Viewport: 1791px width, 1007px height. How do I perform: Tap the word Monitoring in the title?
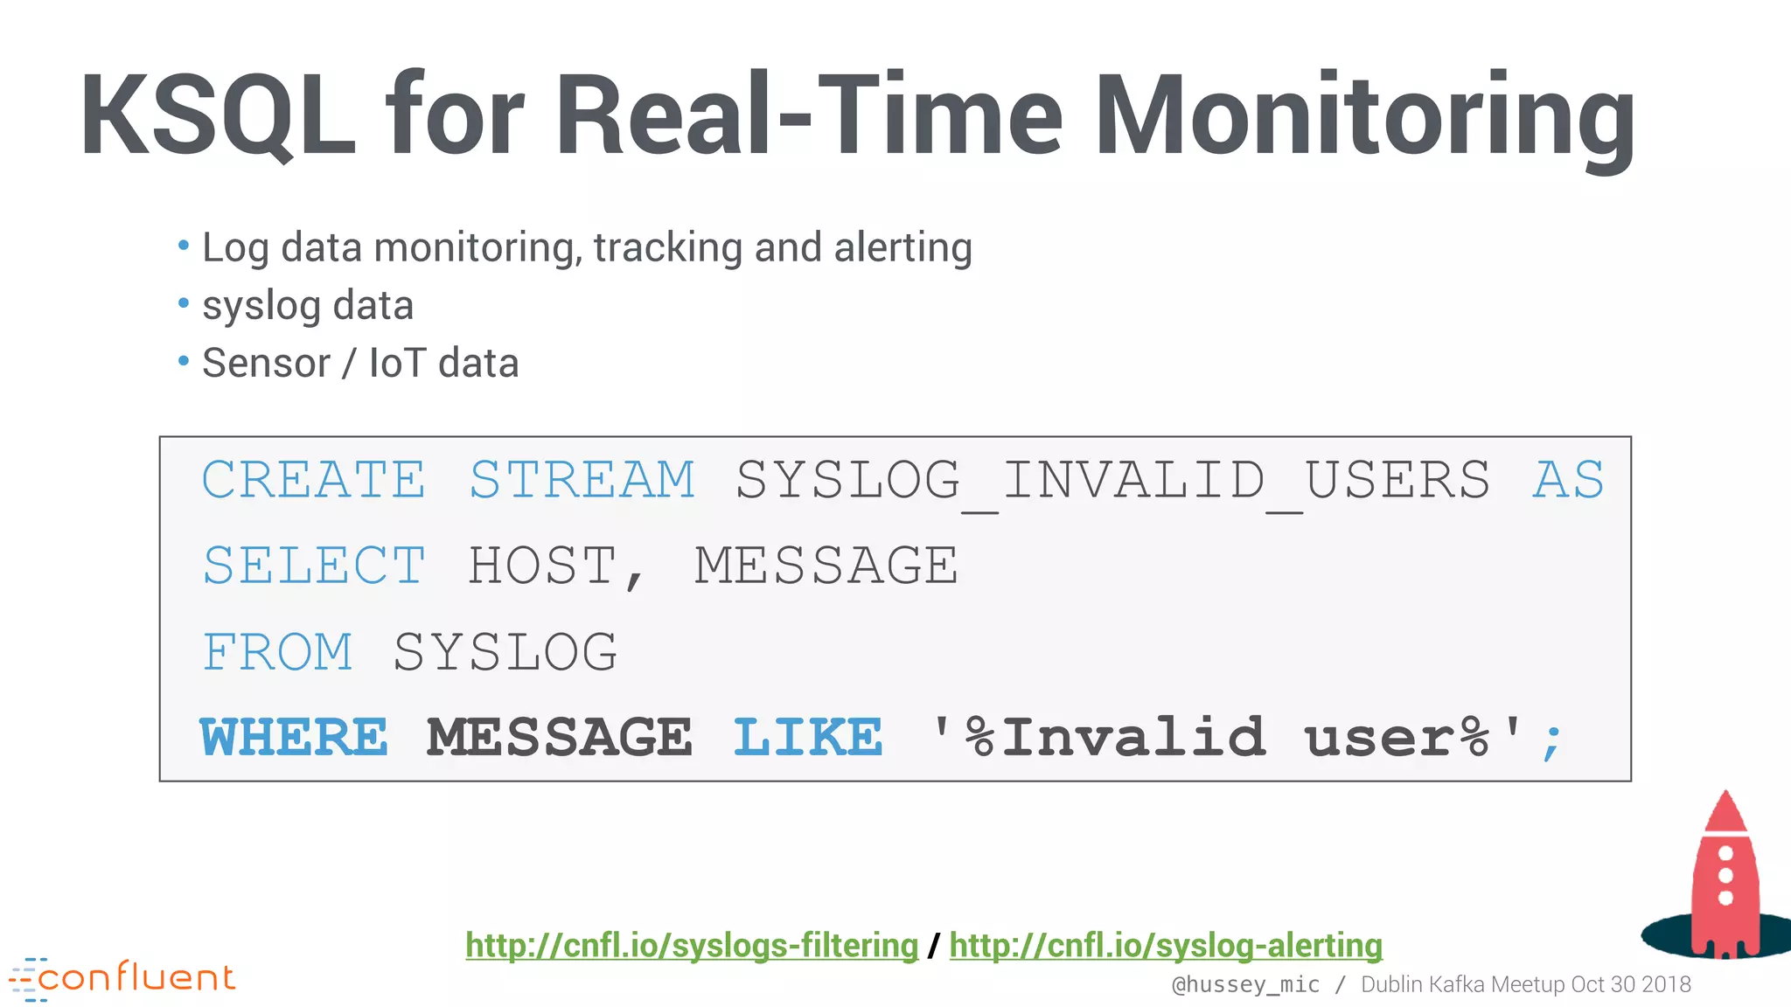(x=1364, y=115)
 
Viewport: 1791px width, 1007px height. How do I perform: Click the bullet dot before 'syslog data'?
(x=184, y=303)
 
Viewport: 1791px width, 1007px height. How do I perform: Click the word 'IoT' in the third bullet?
(x=397, y=363)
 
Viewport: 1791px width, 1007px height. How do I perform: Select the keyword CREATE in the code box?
(x=314, y=479)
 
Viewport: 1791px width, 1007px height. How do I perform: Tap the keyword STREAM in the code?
(x=582, y=479)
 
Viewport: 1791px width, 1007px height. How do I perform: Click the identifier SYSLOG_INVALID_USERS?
(x=1112, y=479)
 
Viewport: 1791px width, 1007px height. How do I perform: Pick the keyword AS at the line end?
(x=1569, y=479)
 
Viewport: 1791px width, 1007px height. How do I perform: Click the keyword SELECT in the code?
(x=314, y=565)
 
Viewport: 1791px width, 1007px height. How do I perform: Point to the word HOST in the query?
(x=542, y=565)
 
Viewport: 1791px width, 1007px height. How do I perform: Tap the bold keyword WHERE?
(x=294, y=737)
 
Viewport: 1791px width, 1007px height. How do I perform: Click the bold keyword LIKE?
(x=808, y=737)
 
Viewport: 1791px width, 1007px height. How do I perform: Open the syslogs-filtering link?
(x=692, y=946)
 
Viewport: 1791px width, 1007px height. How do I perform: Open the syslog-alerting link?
(x=1166, y=946)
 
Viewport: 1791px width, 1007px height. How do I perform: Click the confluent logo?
(x=122, y=977)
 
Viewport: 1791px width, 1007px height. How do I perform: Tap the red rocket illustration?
(x=1725, y=874)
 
